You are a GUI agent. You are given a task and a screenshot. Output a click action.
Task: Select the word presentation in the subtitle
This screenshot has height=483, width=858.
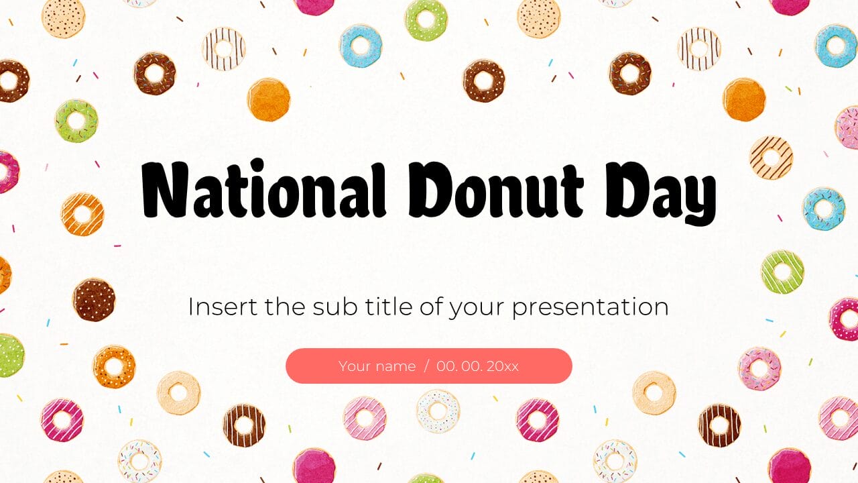point(590,308)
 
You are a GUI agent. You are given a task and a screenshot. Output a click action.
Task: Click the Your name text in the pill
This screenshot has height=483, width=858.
point(377,366)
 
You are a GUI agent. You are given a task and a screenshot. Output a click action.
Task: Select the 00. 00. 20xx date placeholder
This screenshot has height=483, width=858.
point(477,366)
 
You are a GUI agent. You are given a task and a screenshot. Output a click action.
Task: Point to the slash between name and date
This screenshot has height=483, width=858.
point(426,366)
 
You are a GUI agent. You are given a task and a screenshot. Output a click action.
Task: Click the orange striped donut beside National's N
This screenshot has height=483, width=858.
point(82,214)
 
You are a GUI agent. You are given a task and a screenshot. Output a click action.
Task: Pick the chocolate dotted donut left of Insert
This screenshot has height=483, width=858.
point(94,299)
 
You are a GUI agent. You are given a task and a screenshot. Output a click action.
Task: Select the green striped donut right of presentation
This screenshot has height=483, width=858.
point(782,272)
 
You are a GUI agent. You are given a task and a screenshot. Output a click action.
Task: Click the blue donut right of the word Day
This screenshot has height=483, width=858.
point(824,209)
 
